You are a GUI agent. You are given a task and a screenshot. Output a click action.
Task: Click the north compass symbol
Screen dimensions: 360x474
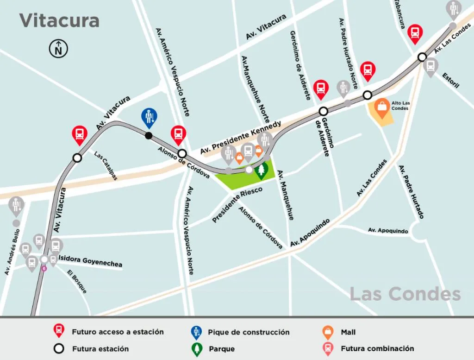tap(59, 49)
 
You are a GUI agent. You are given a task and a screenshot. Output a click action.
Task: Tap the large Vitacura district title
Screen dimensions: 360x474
tap(59, 20)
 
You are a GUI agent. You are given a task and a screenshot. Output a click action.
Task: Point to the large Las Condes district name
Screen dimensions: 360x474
tap(405, 294)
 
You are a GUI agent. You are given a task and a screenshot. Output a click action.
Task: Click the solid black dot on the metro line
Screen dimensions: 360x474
tap(149, 136)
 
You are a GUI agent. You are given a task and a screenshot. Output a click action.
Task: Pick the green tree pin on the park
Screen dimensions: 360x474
tap(262, 171)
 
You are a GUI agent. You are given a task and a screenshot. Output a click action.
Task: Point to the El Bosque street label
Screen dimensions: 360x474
tap(77, 281)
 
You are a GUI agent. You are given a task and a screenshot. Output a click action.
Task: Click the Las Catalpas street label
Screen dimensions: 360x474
tap(106, 165)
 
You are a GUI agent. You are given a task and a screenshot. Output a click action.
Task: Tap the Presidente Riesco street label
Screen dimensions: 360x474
tap(237, 205)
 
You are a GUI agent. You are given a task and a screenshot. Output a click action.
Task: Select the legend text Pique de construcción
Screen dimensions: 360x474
tap(249, 332)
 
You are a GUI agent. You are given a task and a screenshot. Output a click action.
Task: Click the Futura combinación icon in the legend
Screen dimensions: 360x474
tap(328, 348)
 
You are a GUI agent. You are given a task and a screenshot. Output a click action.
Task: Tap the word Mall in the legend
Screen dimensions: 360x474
tap(348, 332)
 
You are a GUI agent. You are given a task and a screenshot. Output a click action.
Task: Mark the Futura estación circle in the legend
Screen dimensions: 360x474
tap(58, 348)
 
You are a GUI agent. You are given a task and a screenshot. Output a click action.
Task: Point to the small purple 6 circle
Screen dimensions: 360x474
tap(44, 268)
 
